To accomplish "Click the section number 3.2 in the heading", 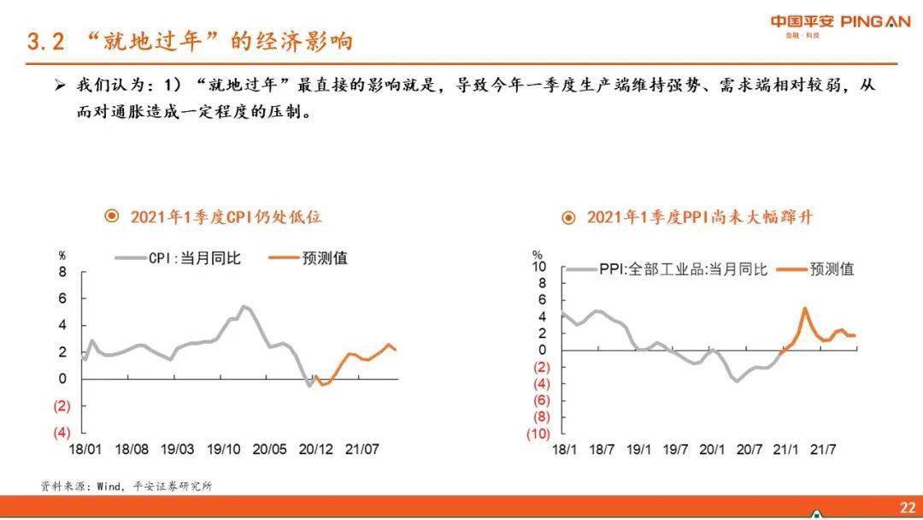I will pyautogui.click(x=46, y=42).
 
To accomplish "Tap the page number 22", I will pyautogui.click(x=907, y=508).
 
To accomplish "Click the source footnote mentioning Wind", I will pyautogui.click(x=126, y=487).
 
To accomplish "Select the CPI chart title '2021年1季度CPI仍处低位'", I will pyautogui.click(x=226, y=217).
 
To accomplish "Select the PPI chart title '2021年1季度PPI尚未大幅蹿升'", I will pyautogui.click(x=699, y=217).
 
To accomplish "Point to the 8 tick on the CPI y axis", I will pyautogui.click(x=62, y=272).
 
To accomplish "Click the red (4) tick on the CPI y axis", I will pyautogui.click(x=62, y=433).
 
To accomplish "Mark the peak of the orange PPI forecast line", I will pyautogui.click(x=805, y=309).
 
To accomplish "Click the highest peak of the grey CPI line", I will pyautogui.click(x=244, y=306).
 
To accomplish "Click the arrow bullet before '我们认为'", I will pyautogui.click(x=59, y=86).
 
